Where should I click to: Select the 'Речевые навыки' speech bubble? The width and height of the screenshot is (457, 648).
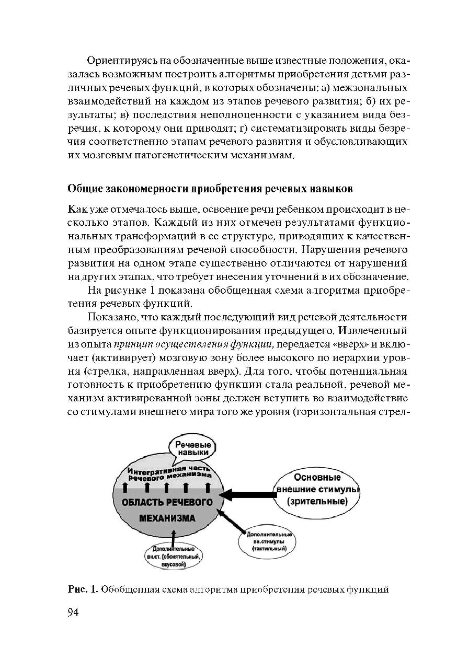point(192,448)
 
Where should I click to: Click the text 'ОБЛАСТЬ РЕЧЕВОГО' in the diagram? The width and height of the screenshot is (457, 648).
point(167,503)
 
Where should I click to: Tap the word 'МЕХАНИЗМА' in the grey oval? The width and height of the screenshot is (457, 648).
point(167,518)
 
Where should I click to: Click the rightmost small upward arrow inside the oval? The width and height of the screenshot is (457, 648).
point(208,488)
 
